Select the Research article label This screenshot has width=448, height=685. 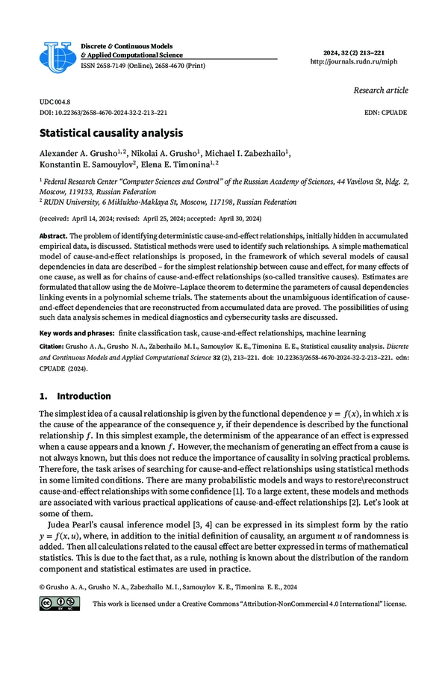tap(381, 90)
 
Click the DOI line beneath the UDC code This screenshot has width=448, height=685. tap(103, 112)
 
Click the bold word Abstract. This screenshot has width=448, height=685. tap(55, 236)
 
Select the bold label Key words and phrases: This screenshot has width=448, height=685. tap(77, 331)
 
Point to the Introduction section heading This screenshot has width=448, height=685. tap(84, 396)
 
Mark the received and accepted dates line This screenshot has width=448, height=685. tap(150, 218)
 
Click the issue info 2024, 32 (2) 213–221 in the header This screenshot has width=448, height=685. tap(366, 52)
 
